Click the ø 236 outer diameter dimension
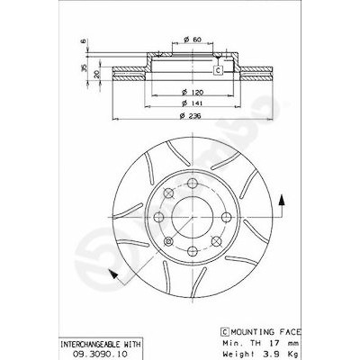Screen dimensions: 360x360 190,116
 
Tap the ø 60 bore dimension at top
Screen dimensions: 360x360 192,40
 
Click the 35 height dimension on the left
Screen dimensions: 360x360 85,67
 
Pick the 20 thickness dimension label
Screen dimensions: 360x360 96,75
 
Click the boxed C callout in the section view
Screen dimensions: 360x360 219,70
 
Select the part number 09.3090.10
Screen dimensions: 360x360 101,354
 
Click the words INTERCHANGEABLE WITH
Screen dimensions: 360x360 101,344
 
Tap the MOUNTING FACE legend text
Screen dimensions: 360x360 265,332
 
